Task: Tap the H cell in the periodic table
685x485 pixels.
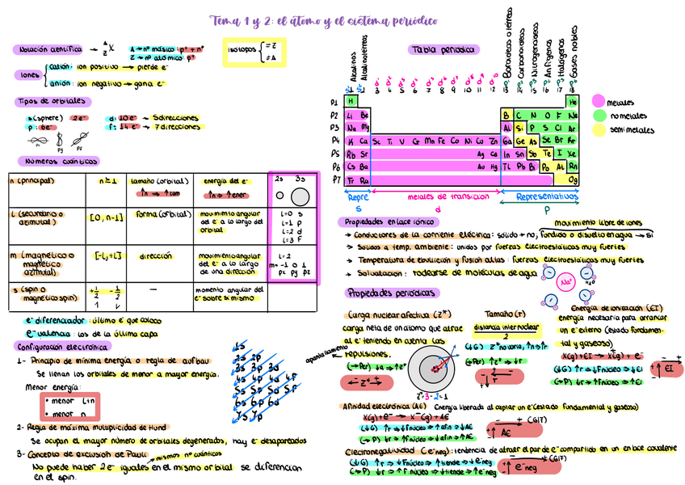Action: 351,102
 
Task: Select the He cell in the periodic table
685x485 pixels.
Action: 573,102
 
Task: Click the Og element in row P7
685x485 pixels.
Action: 573,179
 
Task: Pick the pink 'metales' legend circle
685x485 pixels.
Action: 599,102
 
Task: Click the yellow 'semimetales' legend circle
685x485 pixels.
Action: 599,129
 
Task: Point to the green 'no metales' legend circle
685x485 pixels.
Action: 599,116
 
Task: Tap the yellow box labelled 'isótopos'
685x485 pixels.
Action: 254,52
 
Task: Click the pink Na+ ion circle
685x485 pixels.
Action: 566,282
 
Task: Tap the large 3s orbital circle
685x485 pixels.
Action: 300,196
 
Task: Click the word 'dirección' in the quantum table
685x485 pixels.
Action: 156,256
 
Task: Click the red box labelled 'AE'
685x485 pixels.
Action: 497,428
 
